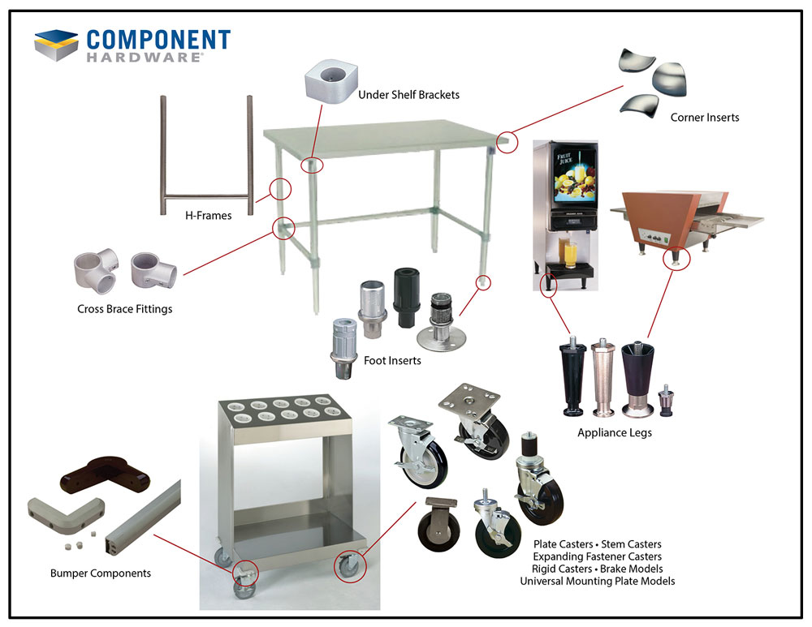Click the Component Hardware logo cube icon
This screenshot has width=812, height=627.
[56, 45]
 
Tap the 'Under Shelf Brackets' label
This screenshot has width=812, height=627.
[408, 95]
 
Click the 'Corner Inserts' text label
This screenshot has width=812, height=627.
[704, 118]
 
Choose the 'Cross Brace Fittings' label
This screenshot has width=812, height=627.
[125, 309]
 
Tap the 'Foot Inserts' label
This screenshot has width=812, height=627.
[392, 360]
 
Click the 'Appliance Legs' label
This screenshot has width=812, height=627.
[615, 432]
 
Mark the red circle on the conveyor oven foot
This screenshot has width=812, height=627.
[676, 259]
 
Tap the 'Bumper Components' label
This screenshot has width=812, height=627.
[101, 573]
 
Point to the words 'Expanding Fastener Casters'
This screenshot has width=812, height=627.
[597, 556]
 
